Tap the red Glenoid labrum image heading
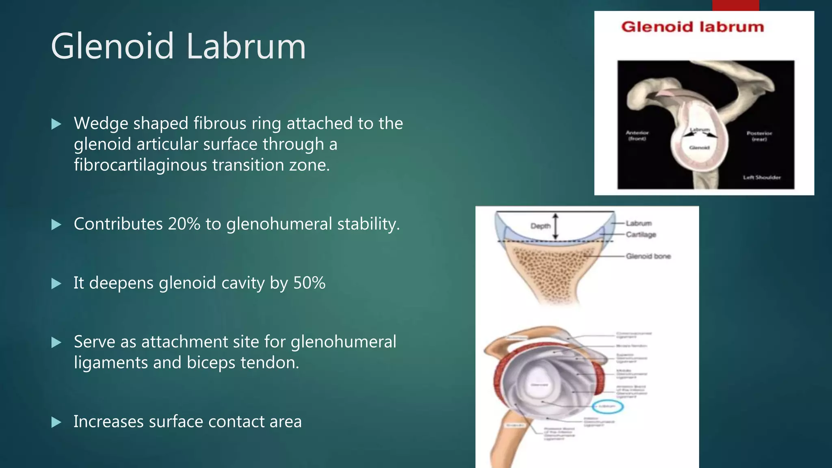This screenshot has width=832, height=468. [x=692, y=27]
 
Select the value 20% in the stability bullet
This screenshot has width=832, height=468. [x=184, y=224]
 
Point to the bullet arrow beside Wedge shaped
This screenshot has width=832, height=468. [x=56, y=124]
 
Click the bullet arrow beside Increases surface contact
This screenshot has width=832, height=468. [x=56, y=422]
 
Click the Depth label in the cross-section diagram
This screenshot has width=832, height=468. [x=540, y=226]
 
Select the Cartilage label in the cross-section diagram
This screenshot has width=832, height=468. [x=641, y=234]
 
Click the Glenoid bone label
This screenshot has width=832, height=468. [x=648, y=256]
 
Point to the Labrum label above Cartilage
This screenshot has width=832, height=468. [x=639, y=223]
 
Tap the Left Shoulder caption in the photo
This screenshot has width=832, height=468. [x=762, y=177]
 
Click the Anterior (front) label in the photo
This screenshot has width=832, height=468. [x=637, y=135]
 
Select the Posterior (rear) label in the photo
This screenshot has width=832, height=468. [x=759, y=136]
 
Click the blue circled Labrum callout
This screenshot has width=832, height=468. [x=607, y=406]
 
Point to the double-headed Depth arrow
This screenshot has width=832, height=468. [x=556, y=226]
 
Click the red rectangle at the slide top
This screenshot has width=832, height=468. [x=735, y=5]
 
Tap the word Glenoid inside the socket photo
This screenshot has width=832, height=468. [x=699, y=147]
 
